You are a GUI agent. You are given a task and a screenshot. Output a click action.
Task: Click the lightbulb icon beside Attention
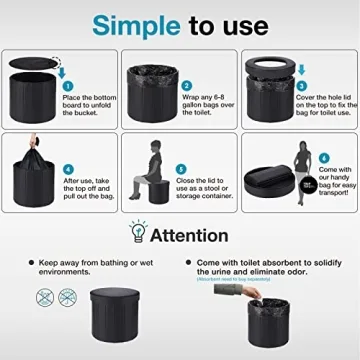coord(134,235)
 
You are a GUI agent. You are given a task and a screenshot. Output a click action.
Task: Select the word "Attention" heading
coord(195,236)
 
